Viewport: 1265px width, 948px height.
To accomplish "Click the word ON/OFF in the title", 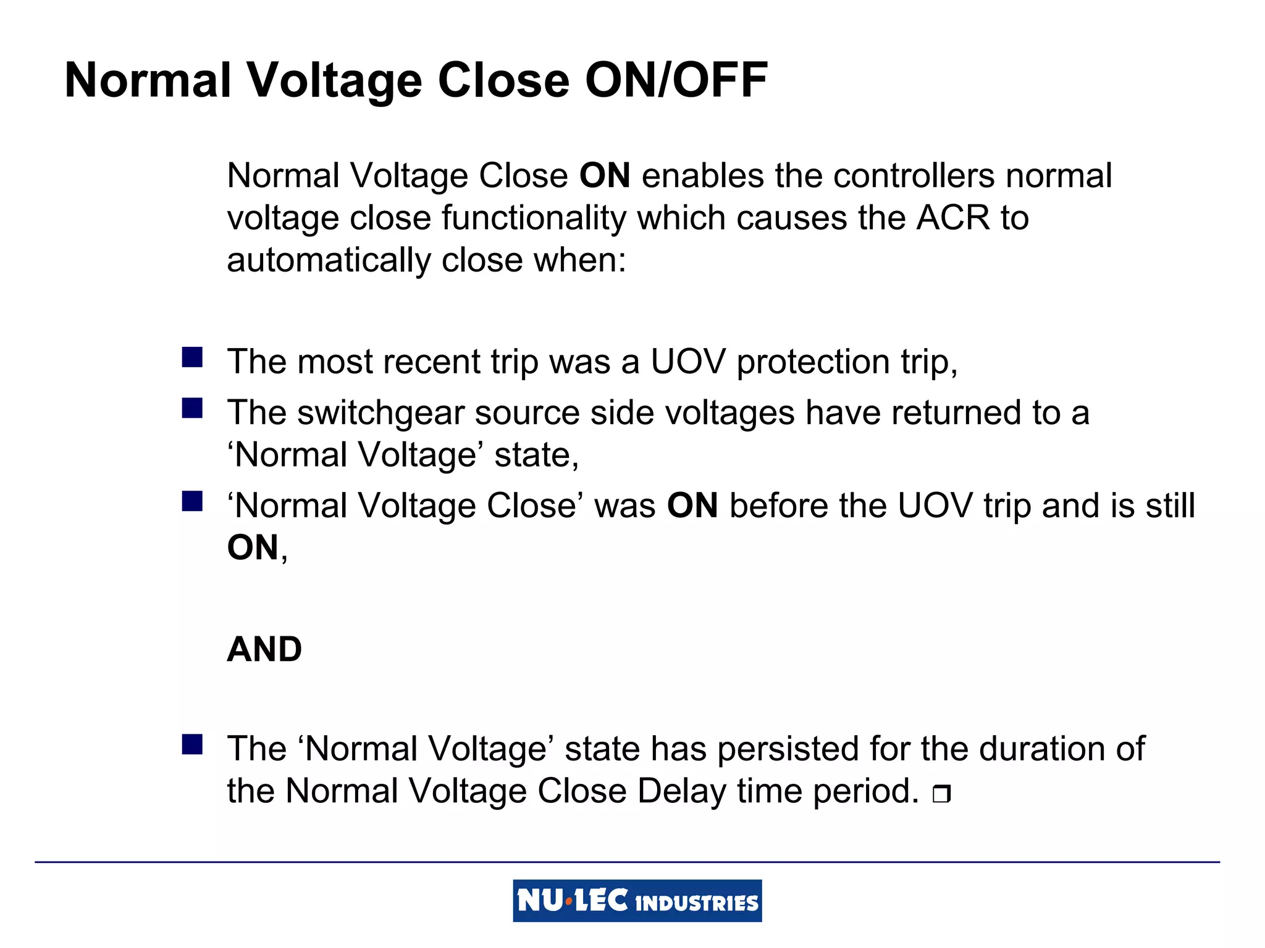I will pos(676,80).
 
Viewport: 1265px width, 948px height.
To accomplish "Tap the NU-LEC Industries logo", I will pos(637,900).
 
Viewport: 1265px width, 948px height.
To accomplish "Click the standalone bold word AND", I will pos(264,649).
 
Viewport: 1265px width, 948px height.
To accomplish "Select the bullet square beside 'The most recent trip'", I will pos(192,357).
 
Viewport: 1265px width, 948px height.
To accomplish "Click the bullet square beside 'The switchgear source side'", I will pos(192,409).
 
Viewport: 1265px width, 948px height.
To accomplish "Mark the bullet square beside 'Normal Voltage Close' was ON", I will pos(192,501).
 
